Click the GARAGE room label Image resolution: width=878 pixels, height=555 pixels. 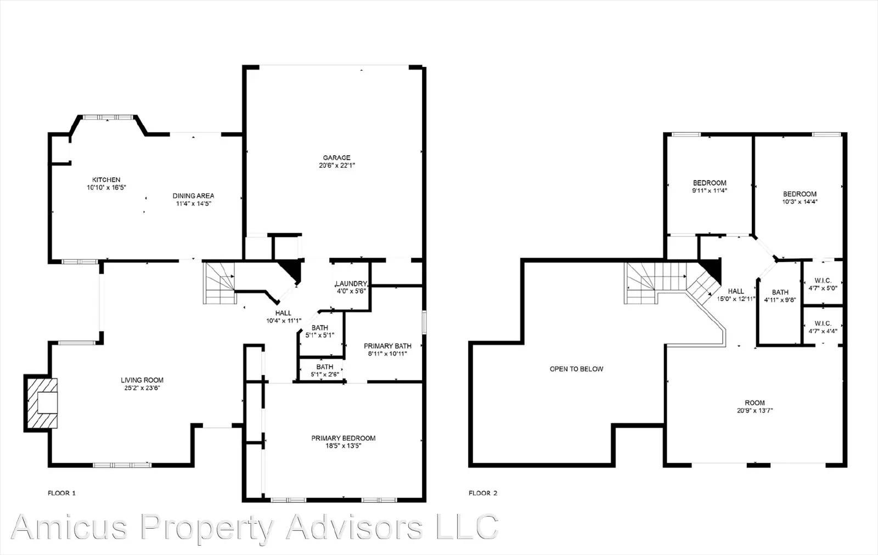336,158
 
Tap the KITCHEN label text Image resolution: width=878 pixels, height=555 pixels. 106,180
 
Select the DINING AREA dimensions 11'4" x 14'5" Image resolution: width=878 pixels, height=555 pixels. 193,203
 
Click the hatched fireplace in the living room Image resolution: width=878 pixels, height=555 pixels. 42,403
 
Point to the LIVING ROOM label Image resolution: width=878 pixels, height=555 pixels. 142,380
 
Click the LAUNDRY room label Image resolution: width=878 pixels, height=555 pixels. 351,284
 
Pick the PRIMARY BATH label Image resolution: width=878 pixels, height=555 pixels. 387,346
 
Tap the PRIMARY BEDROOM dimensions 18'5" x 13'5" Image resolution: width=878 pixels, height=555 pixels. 344,446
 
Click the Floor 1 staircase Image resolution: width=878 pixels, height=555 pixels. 219,283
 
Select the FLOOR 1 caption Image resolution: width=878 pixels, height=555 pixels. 61,493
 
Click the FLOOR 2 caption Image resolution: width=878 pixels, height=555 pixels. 483,493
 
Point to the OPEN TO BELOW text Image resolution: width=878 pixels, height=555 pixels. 576,369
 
